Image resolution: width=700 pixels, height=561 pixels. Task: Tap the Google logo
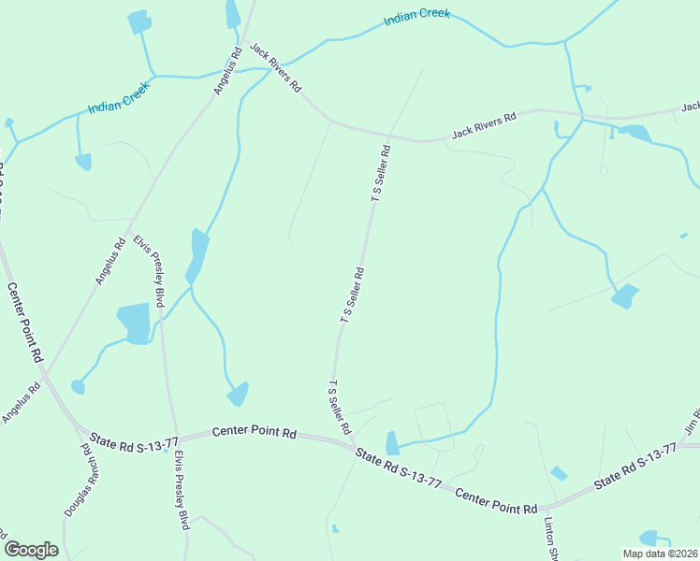(x=31, y=550)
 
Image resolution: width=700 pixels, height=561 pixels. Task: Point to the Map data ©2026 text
(x=660, y=554)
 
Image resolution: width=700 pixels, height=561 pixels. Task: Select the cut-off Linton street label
(x=550, y=539)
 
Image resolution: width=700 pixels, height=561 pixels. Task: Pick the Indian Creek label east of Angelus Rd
(x=416, y=18)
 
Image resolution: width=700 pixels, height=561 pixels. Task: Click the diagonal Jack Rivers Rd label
(x=276, y=67)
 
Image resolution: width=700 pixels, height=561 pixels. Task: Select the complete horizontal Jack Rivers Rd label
(x=484, y=125)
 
